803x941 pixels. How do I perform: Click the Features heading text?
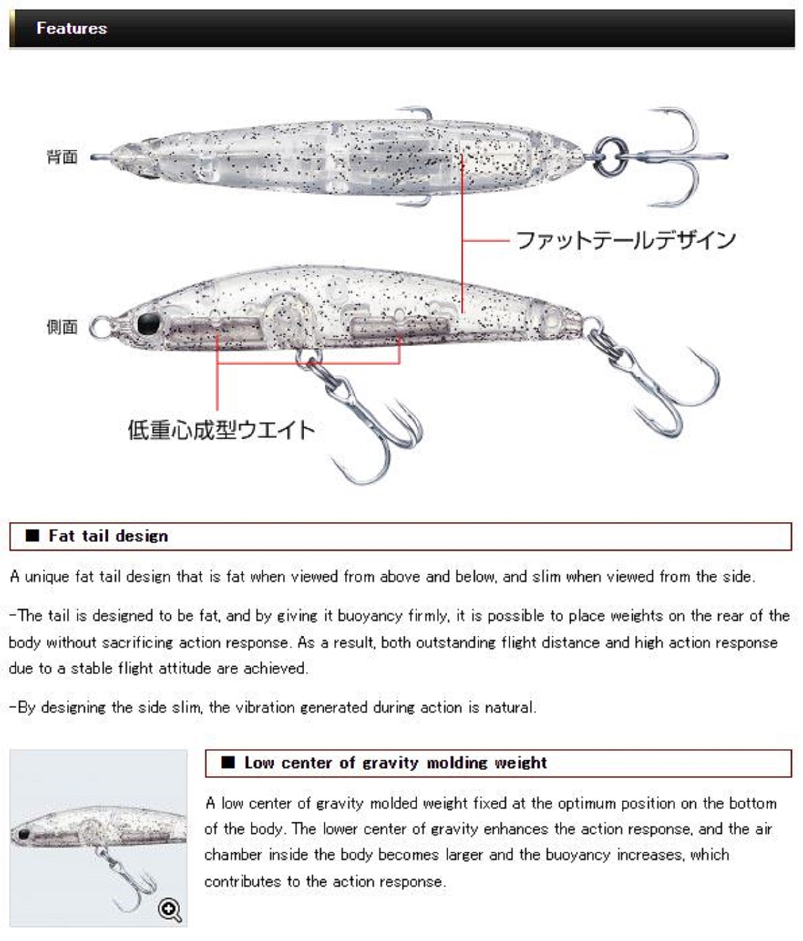72,28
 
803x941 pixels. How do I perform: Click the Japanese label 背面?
62,157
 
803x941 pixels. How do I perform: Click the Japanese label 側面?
62,327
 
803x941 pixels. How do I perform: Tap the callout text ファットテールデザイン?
626,240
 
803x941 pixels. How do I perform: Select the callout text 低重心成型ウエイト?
221,430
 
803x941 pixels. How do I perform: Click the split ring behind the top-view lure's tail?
611,156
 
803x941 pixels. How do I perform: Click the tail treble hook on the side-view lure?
659,381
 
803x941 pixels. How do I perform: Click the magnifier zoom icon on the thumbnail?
169,909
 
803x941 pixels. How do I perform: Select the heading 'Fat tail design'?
108,536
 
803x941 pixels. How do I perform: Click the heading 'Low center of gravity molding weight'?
396,763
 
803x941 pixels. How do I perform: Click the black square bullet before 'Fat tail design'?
32,536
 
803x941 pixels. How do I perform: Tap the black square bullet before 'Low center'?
228,763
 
